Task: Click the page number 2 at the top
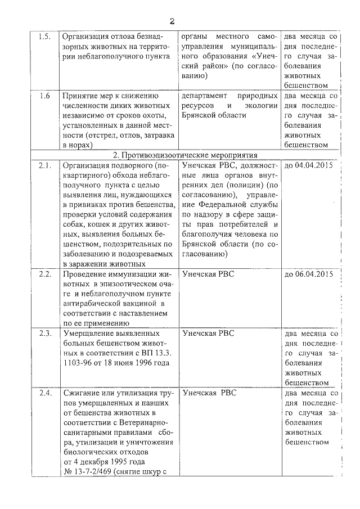point(173,21)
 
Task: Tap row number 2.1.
point(44,166)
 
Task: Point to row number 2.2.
point(44,274)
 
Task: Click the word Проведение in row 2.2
point(87,274)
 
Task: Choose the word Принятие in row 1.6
point(84,96)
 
